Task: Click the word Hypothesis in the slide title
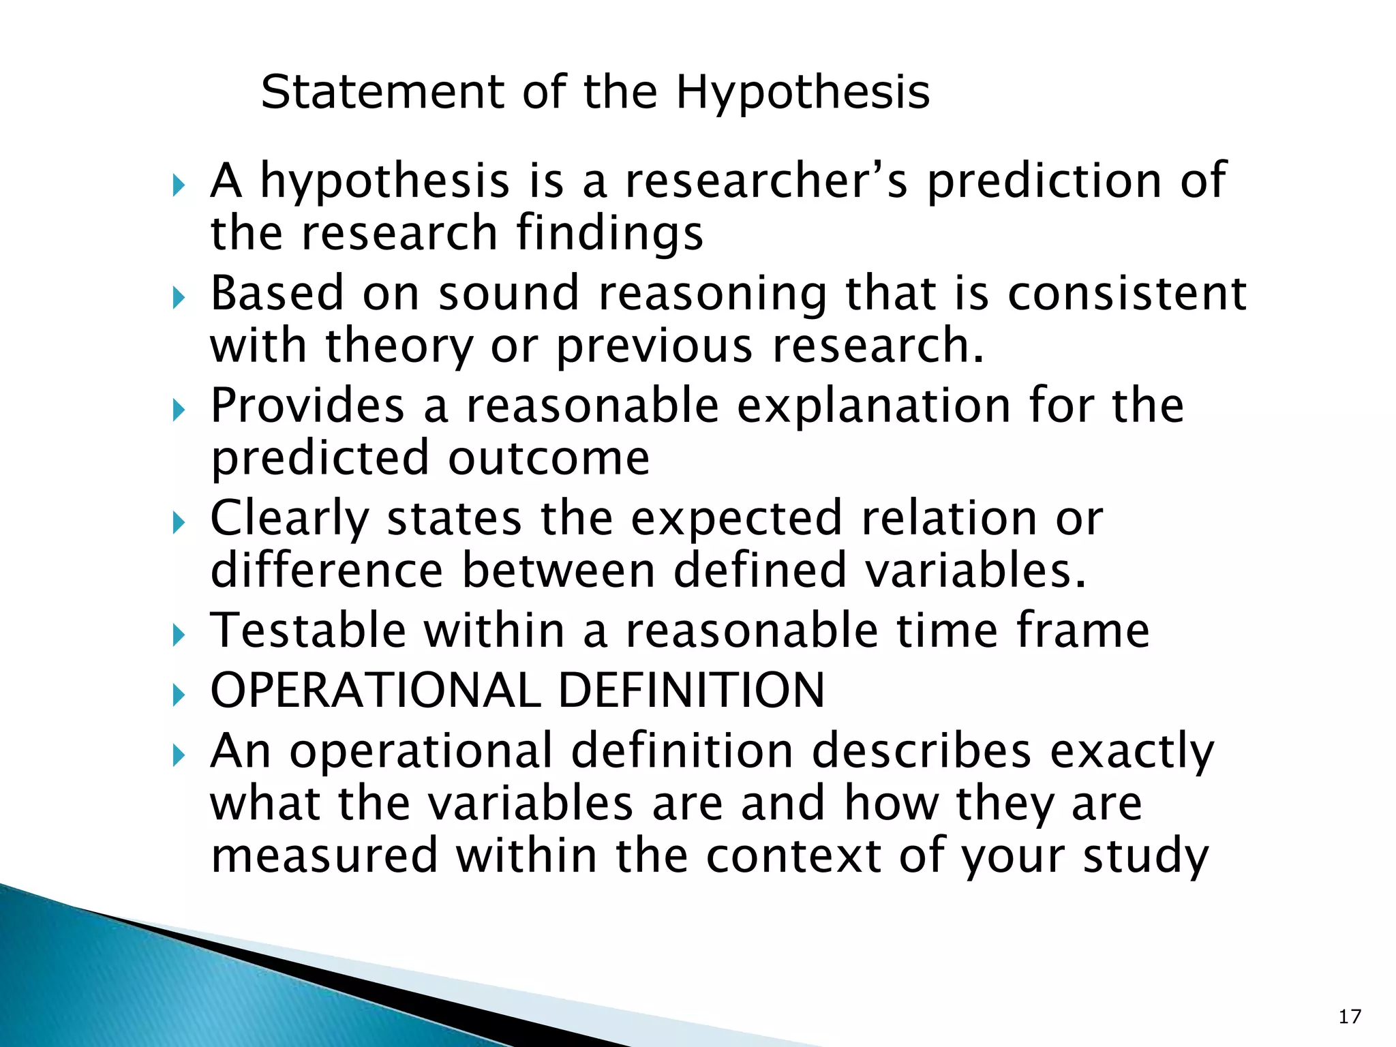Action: (802, 93)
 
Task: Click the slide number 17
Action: (1349, 1017)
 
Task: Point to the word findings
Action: (609, 234)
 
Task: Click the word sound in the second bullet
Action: (508, 294)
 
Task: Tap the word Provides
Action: (307, 406)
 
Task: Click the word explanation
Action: (875, 406)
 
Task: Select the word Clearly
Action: (289, 519)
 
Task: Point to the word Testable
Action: (308, 631)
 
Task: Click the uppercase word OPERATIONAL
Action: (375, 691)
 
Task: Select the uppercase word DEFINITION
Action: (691, 691)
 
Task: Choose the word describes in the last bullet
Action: (921, 751)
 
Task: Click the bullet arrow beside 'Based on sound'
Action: (179, 298)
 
